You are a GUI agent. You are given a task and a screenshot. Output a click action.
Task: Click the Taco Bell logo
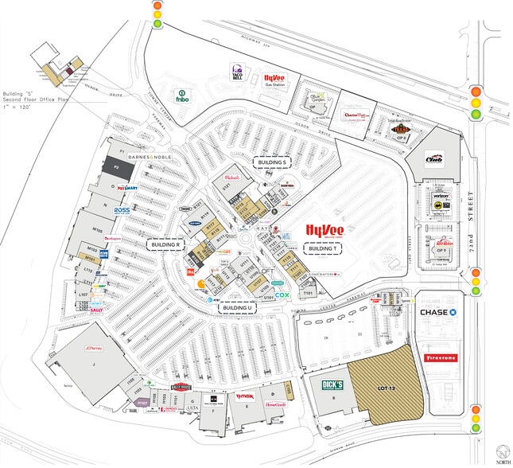(x=236, y=73)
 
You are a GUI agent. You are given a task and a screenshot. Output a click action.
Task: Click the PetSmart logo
(x=126, y=189)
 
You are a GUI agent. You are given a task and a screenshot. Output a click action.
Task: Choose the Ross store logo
(x=122, y=210)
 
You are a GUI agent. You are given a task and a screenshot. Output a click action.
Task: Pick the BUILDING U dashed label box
(x=236, y=308)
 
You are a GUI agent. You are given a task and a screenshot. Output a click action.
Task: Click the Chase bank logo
(x=437, y=312)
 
